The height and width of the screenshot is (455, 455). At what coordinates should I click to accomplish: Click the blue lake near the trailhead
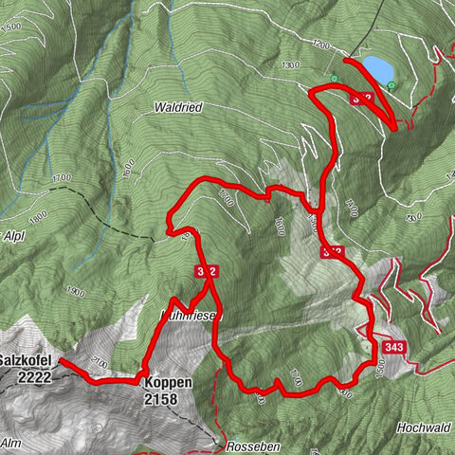click(x=374, y=69)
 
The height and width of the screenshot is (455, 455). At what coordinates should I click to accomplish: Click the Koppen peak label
click(x=169, y=383)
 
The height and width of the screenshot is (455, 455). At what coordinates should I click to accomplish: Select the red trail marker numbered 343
click(x=397, y=347)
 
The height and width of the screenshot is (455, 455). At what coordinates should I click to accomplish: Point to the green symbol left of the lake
click(x=334, y=79)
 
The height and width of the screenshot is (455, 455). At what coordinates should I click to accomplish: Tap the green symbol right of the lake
click(x=392, y=86)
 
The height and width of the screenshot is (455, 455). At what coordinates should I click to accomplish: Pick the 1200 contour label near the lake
click(x=319, y=45)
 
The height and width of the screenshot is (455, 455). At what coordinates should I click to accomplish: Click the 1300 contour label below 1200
click(x=291, y=64)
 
